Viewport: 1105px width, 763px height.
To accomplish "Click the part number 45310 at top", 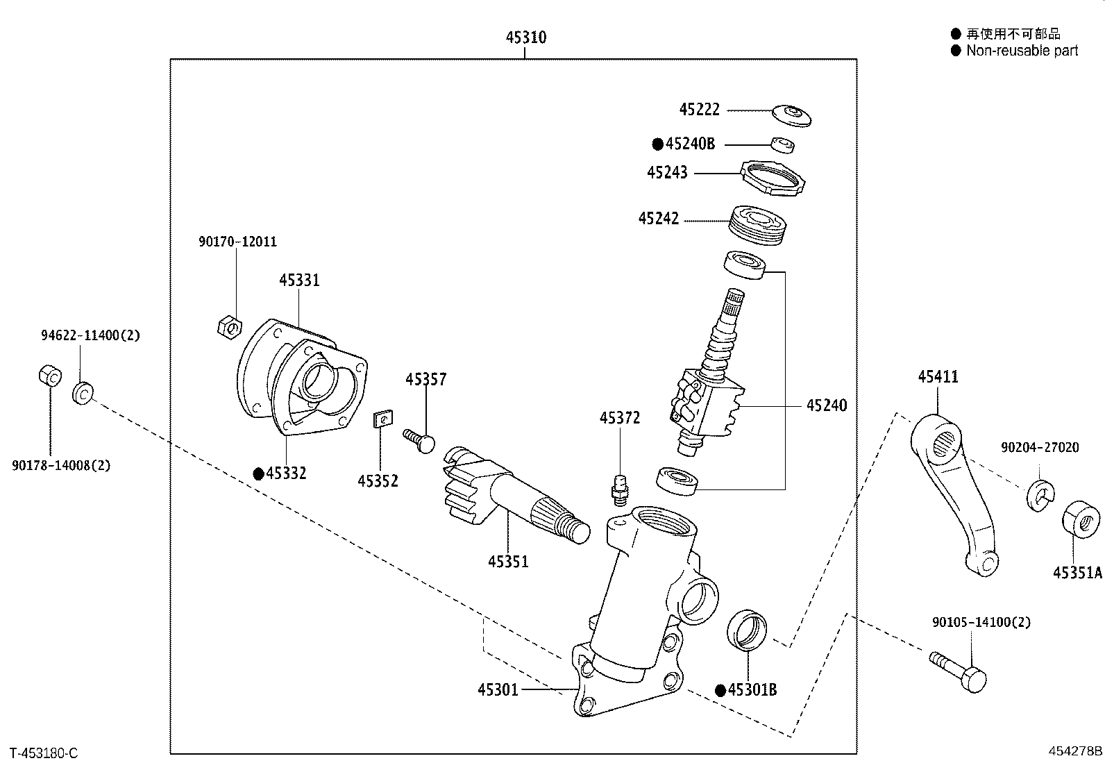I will coord(525,37).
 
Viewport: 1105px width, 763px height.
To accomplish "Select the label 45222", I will coord(699,110).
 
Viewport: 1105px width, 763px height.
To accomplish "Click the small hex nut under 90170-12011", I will coord(229,326).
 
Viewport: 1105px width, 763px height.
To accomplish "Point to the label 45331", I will coord(299,280).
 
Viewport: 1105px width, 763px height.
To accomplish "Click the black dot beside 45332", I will coord(258,474).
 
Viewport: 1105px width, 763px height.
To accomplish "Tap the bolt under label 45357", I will coord(420,439).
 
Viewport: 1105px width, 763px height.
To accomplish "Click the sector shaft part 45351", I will coord(510,496).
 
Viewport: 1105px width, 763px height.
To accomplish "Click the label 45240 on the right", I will coord(826,405).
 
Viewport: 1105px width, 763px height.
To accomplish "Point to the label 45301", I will coord(498,689).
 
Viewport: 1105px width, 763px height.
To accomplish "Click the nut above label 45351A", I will coord(1081,519).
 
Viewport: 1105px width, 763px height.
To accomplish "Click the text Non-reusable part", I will coord(1022,51).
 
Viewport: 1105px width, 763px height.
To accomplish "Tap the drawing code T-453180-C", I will coord(44,753).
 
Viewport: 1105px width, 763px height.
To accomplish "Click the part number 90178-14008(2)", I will coord(61,465).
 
